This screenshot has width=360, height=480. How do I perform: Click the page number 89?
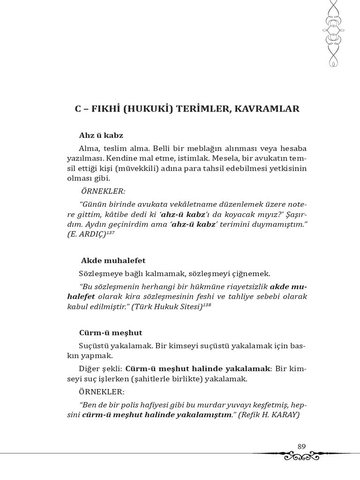301,446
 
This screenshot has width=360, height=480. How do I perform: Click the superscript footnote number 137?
110,232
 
